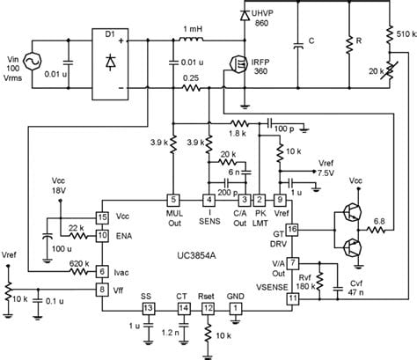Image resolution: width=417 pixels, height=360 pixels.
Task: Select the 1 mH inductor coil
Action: click(x=191, y=39)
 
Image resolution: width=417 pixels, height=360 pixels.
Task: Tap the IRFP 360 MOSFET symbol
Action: click(x=238, y=64)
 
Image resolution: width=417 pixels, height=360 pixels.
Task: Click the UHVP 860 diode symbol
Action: click(x=245, y=16)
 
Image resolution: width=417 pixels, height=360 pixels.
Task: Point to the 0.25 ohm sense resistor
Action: click(x=191, y=88)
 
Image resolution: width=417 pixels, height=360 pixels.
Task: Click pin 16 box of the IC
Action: click(x=292, y=230)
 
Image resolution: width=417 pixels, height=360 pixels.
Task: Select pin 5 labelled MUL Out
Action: click(x=173, y=200)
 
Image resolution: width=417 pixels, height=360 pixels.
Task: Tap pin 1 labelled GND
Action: click(x=235, y=308)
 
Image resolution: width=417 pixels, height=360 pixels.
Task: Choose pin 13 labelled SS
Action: click(x=149, y=308)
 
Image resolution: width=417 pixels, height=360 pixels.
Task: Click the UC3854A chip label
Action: click(x=196, y=255)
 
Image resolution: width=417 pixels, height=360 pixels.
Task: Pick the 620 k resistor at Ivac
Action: click(x=78, y=272)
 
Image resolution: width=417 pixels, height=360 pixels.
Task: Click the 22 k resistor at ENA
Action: click(x=78, y=235)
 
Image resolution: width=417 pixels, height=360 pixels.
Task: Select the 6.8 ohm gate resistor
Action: click(x=376, y=230)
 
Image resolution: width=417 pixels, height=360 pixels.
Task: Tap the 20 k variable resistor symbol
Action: click(x=390, y=71)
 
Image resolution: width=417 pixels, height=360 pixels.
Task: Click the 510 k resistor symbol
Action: click(x=390, y=34)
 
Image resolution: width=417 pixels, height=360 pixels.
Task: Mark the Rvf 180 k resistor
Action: click(x=320, y=282)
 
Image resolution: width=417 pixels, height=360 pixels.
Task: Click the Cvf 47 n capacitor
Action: click(x=338, y=288)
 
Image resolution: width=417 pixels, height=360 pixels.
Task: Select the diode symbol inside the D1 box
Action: click(x=110, y=62)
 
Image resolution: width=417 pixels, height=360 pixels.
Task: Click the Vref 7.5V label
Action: click(x=326, y=168)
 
